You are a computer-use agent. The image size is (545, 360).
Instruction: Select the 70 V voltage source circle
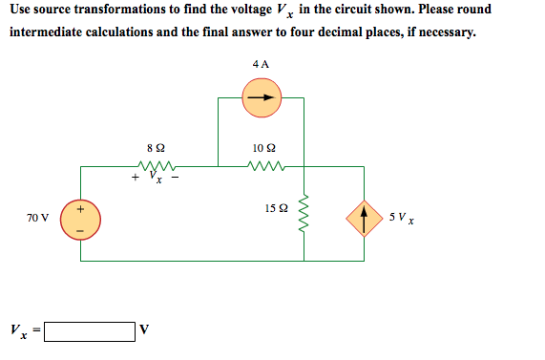[x=80, y=220]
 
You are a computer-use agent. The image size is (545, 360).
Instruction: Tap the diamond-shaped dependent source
[x=364, y=219]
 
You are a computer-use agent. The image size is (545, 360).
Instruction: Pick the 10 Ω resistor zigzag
[x=262, y=166]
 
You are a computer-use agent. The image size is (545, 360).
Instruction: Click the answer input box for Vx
[x=89, y=332]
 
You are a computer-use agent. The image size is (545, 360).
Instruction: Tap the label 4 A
[x=261, y=63]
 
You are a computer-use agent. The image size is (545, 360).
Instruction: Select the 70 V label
[x=36, y=219]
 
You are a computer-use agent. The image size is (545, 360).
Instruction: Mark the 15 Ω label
[x=276, y=209]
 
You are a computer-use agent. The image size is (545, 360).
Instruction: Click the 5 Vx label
[x=400, y=220]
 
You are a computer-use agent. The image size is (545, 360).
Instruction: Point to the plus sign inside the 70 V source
[x=80, y=208]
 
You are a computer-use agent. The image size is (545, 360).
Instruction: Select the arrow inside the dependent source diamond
[x=364, y=219]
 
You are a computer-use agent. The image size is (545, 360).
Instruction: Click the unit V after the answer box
[x=144, y=332]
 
